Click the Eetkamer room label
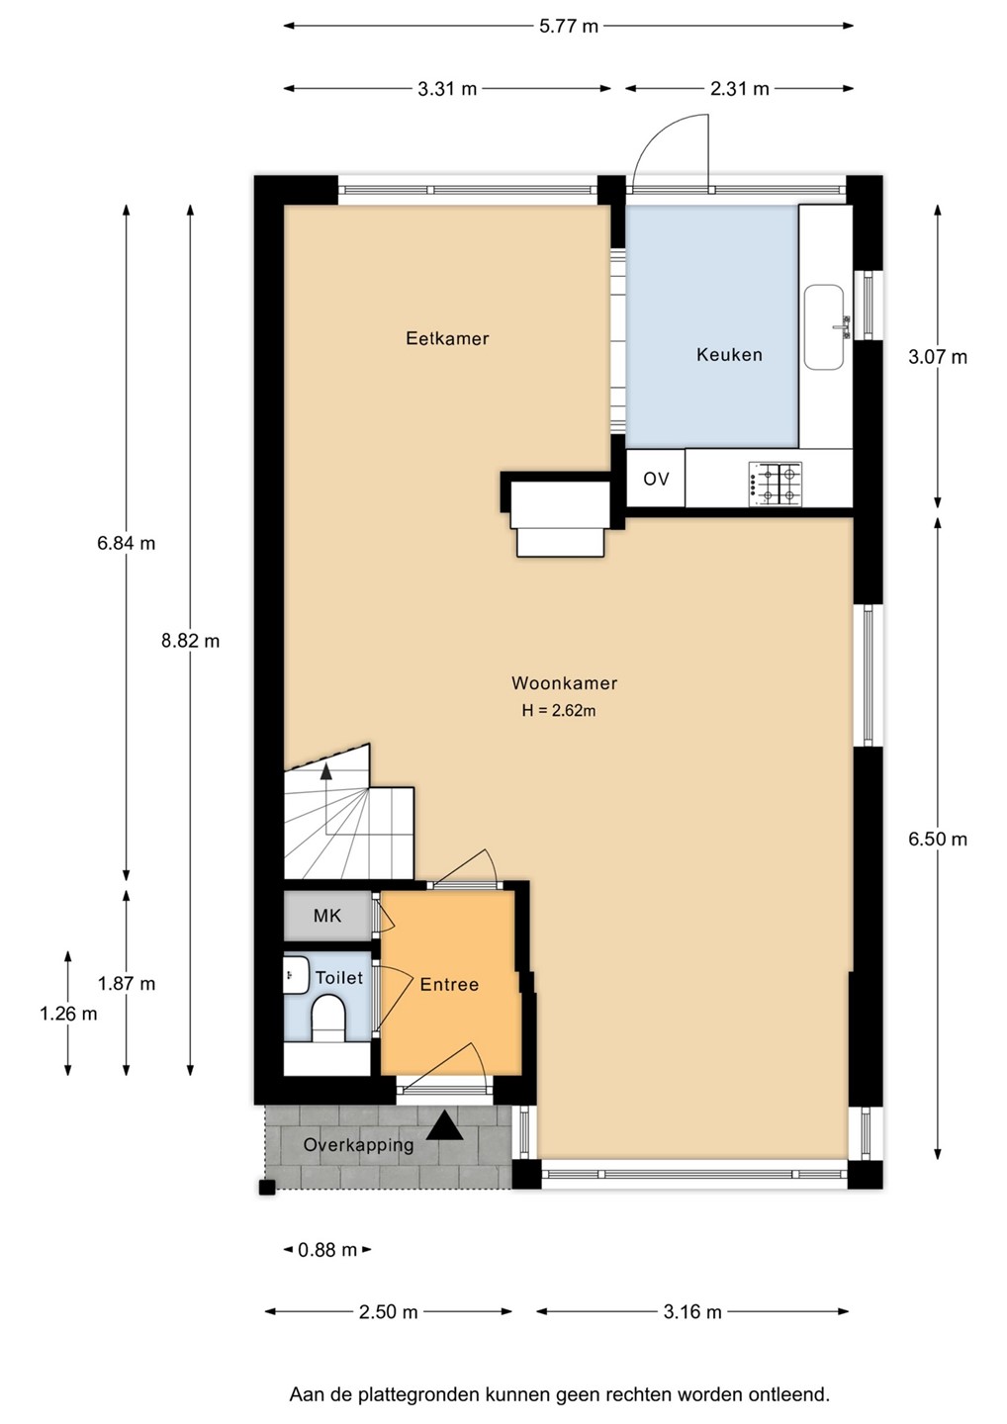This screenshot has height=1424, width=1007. coord(447,338)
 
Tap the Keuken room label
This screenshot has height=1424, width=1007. coord(729,355)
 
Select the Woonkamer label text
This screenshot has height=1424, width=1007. coord(565,683)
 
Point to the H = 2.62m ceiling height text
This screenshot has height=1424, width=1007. coord(559,711)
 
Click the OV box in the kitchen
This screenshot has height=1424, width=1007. coord(656,479)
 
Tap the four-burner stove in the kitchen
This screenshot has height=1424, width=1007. coord(775,485)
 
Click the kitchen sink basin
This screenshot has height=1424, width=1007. coord(824,326)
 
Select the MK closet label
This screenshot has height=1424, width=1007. coord(327,916)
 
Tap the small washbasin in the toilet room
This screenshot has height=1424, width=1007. coord(296,974)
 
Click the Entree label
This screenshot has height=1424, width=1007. coord(449,985)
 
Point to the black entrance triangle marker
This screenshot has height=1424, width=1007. coord(444,1124)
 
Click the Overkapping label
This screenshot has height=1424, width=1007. coord(358,1145)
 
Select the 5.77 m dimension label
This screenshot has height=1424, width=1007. coord(569,26)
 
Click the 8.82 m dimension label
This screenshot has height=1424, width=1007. coord(190,641)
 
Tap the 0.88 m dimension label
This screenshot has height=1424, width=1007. coord(327,1250)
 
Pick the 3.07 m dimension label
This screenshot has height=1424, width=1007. coord(938,357)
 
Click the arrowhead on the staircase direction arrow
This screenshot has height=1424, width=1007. coord(326,771)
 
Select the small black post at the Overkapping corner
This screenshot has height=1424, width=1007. coord(267,1188)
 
